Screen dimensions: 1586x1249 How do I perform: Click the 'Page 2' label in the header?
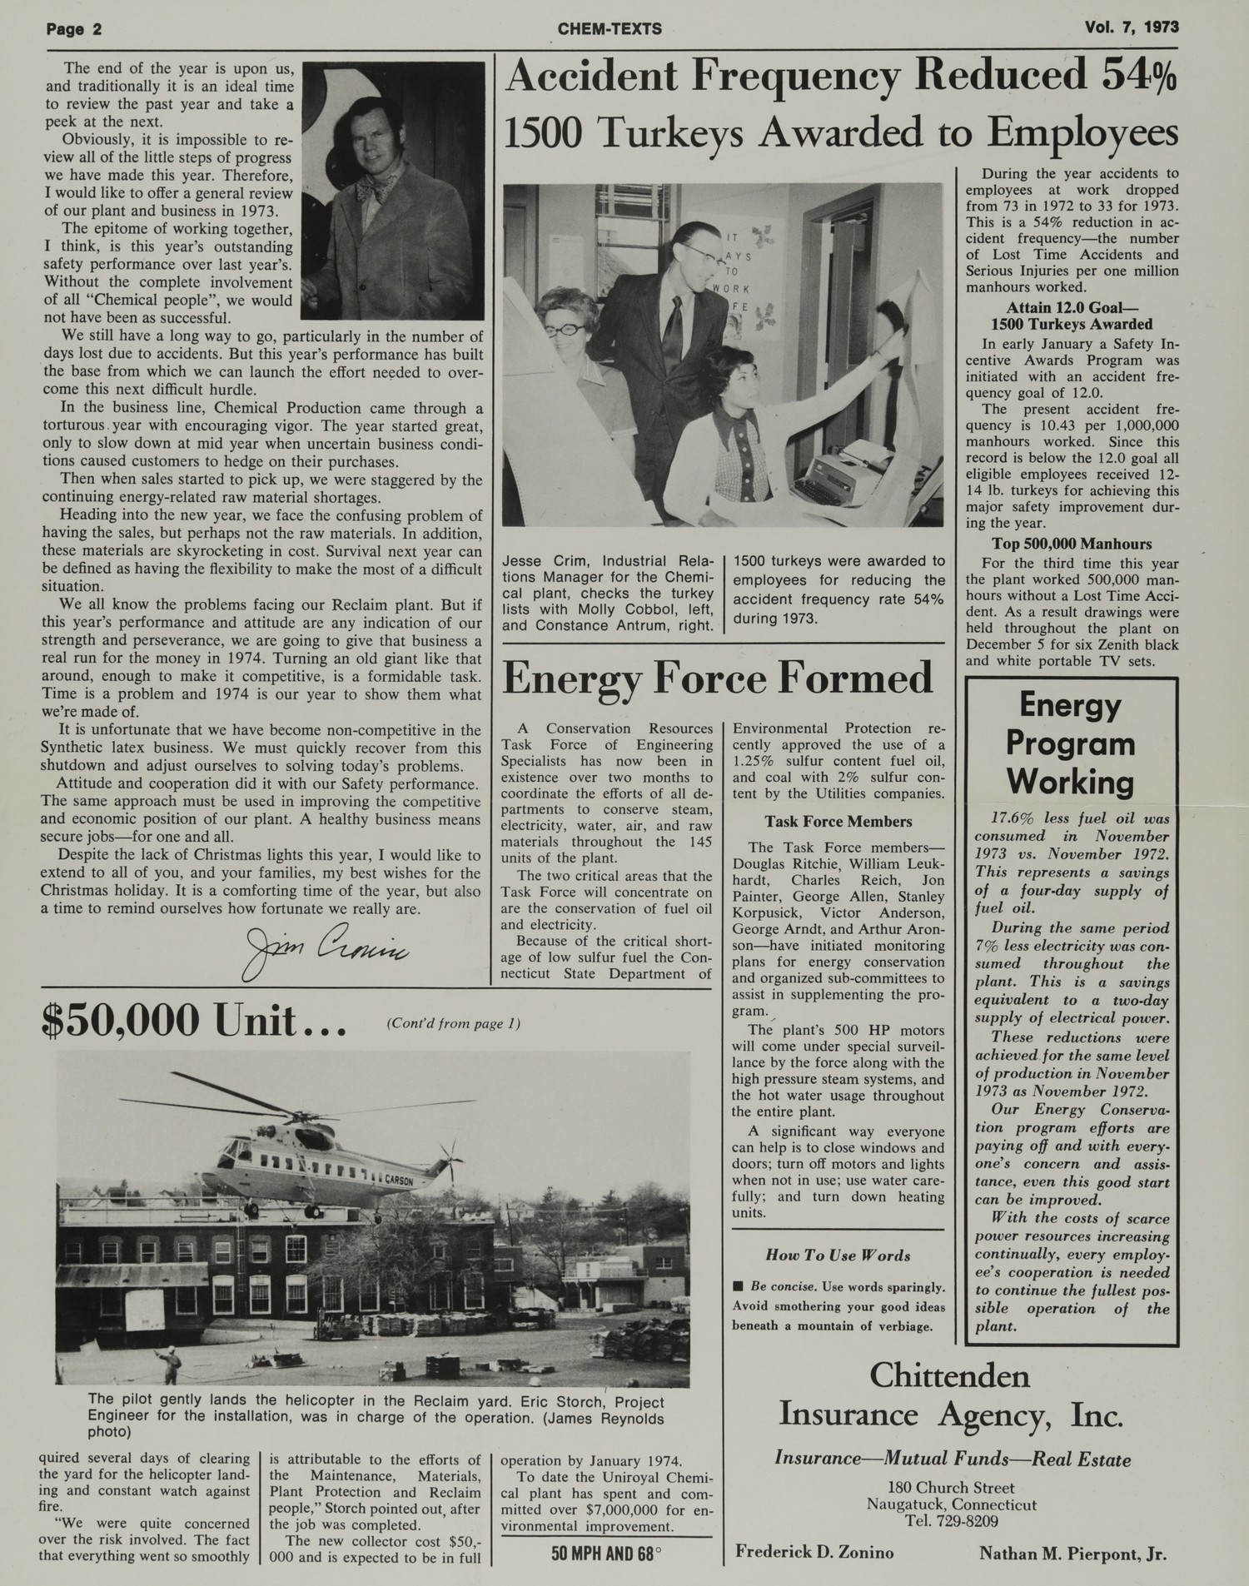(x=74, y=29)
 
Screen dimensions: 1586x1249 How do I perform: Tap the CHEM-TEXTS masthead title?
(x=610, y=29)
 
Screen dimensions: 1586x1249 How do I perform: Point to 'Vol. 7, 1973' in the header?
(x=1132, y=27)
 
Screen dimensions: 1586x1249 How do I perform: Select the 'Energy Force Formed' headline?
(x=718, y=678)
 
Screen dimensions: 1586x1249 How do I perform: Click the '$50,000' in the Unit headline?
(x=122, y=1020)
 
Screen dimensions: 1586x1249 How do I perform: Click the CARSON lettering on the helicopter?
(x=399, y=1180)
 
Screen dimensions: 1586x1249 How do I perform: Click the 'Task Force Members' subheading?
(x=838, y=822)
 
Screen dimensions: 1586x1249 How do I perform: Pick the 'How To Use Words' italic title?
(x=838, y=1255)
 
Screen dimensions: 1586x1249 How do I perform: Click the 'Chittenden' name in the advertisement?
(x=949, y=1376)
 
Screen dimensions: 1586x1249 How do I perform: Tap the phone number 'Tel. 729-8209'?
(x=951, y=1521)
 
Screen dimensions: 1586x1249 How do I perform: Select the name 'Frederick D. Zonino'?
(x=814, y=1552)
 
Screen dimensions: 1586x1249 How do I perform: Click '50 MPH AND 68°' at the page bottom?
(x=605, y=1553)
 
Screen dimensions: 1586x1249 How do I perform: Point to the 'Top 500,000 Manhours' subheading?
(x=1072, y=544)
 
